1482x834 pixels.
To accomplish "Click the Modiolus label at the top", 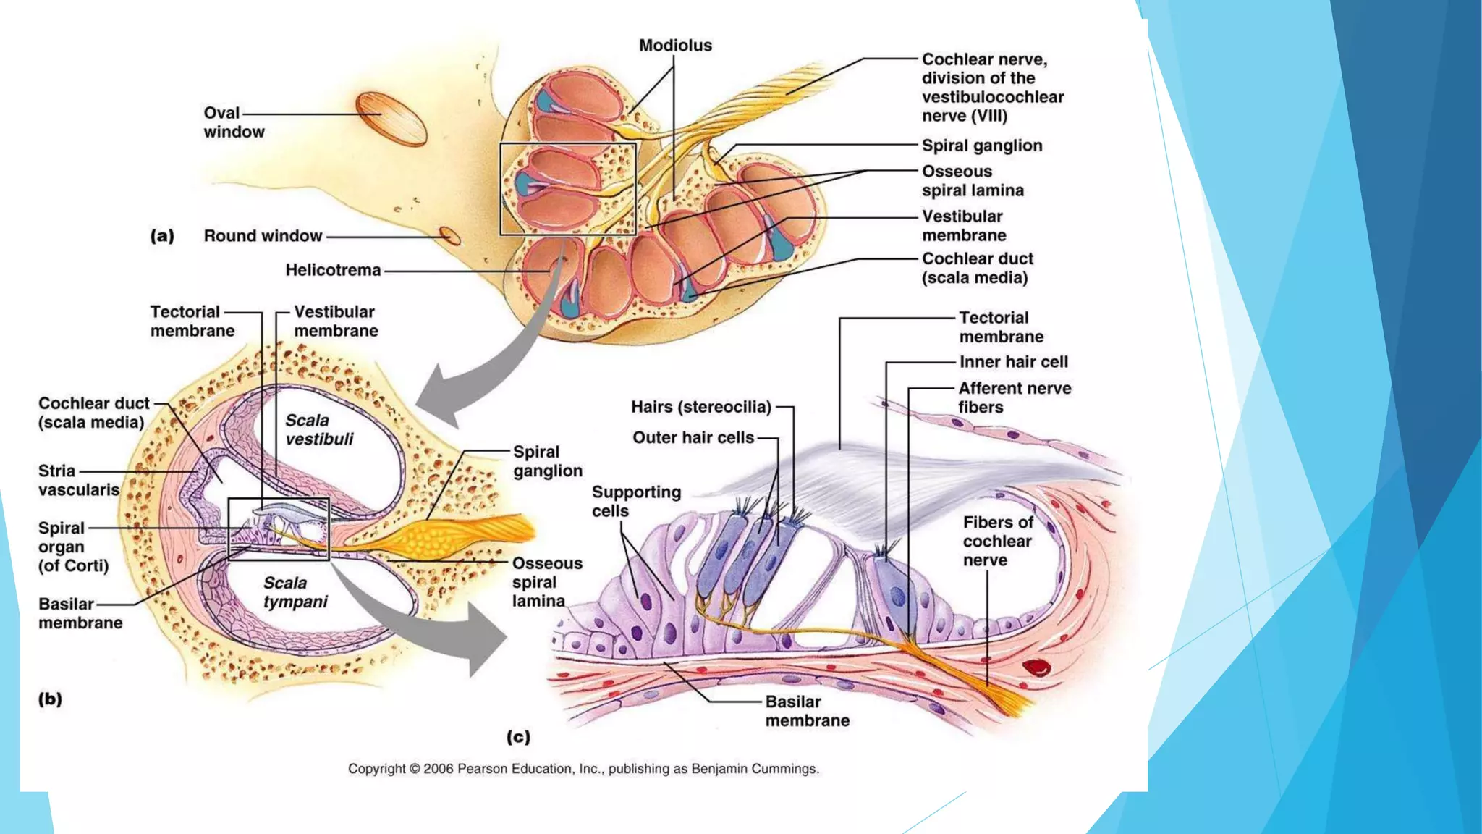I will click(675, 46).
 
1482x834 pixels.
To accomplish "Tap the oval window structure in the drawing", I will click(391, 119).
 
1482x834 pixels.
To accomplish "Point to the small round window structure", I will click(449, 235).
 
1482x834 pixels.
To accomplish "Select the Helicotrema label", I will click(333, 270).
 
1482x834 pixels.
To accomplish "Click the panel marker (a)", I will click(162, 236).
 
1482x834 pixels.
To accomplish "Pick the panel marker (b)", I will click(50, 699).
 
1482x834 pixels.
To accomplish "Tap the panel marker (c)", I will click(518, 737).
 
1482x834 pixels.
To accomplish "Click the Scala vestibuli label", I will click(319, 430).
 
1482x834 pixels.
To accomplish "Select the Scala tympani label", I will click(295, 592).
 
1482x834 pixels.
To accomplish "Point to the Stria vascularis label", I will click(78, 481).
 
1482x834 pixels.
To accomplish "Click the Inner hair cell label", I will click(1013, 362).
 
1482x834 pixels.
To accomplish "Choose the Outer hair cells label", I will click(693, 437).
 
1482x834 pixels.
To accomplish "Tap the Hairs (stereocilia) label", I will click(700, 407).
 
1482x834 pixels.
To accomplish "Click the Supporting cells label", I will click(636, 502).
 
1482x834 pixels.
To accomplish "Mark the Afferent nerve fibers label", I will click(1015, 397).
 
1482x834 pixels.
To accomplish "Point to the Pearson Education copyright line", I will click(583, 769).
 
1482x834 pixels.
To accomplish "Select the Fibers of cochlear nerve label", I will click(997, 541).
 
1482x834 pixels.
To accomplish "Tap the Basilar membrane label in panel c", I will click(807, 711).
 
